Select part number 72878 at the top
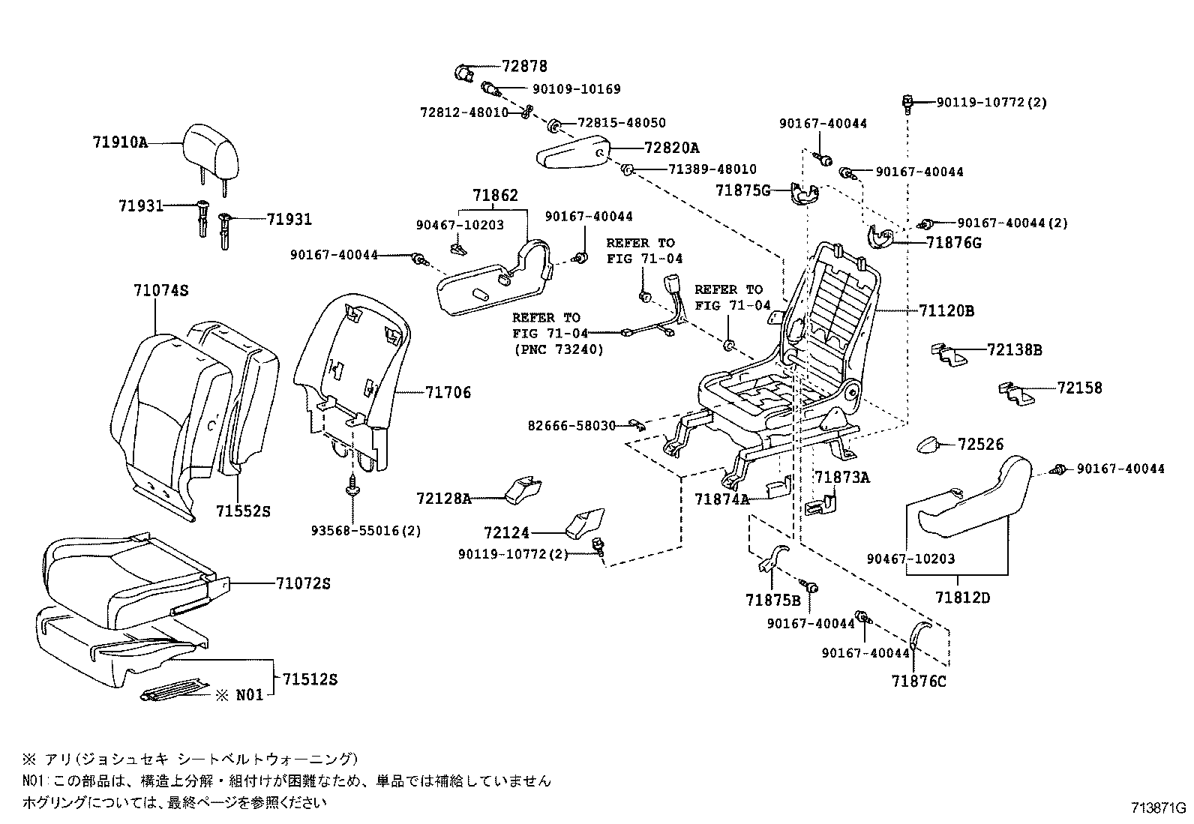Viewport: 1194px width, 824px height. pyautogui.click(x=525, y=67)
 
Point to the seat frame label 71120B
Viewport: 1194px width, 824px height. pyautogui.click(x=946, y=310)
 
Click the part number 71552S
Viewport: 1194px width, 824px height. pyautogui.click(x=242, y=511)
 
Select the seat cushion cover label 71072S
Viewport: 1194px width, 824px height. pyautogui.click(x=302, y=583)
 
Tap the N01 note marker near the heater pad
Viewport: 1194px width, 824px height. pyautogui.click(x=250, y=695)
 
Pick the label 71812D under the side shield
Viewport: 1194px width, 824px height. pyautogui.click(x=963, y=598)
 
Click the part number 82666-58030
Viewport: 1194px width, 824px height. pyautogui.click(x=571, y=426)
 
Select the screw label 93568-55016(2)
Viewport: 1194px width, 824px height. pyautogui.click(x=366, y=531)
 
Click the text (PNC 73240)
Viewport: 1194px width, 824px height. pyautogui.click(x=558, y=349)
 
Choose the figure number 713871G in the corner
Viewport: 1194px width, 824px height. pyautogui.click(x=1159, y=808)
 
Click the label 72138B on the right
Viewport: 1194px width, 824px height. pyautogui.click(x=1014, y=349)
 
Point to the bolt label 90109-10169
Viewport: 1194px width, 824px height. pyautogui.click(x=576, y=89)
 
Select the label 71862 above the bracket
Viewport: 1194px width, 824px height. pyautogui.click(x=495, y=196)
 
